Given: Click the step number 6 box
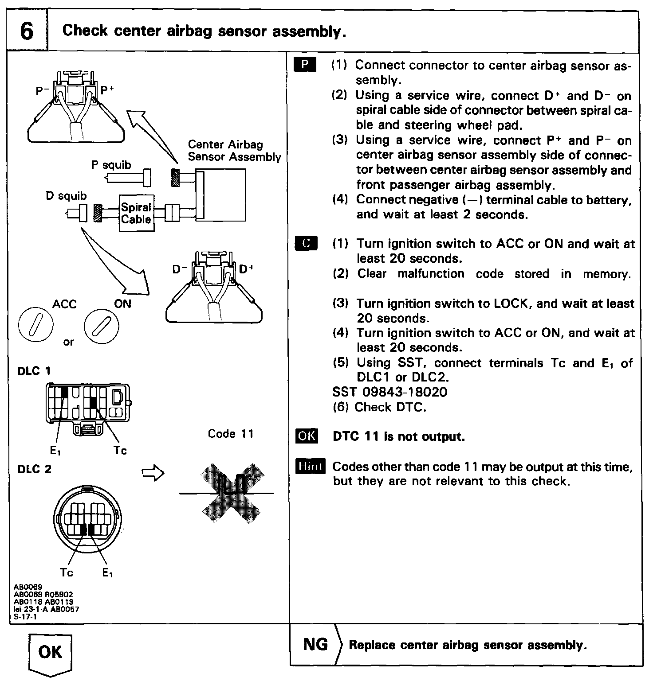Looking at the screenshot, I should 27,31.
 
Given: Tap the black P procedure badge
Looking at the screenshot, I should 305,65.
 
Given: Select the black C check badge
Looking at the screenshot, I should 306,243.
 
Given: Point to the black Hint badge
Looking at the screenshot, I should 310,466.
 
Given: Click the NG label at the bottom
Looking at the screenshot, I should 315,644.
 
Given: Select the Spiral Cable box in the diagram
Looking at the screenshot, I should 137,213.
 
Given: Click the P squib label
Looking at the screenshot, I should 111,165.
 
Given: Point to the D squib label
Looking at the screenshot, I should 66,196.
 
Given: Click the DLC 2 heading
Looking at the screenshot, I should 34,469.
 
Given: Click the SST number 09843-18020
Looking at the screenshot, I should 389,392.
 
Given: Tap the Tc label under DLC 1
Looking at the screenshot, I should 120,451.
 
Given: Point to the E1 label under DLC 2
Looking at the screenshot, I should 107,573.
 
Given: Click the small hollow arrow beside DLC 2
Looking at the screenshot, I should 153,474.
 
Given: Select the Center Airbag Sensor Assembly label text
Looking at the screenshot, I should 234,151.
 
